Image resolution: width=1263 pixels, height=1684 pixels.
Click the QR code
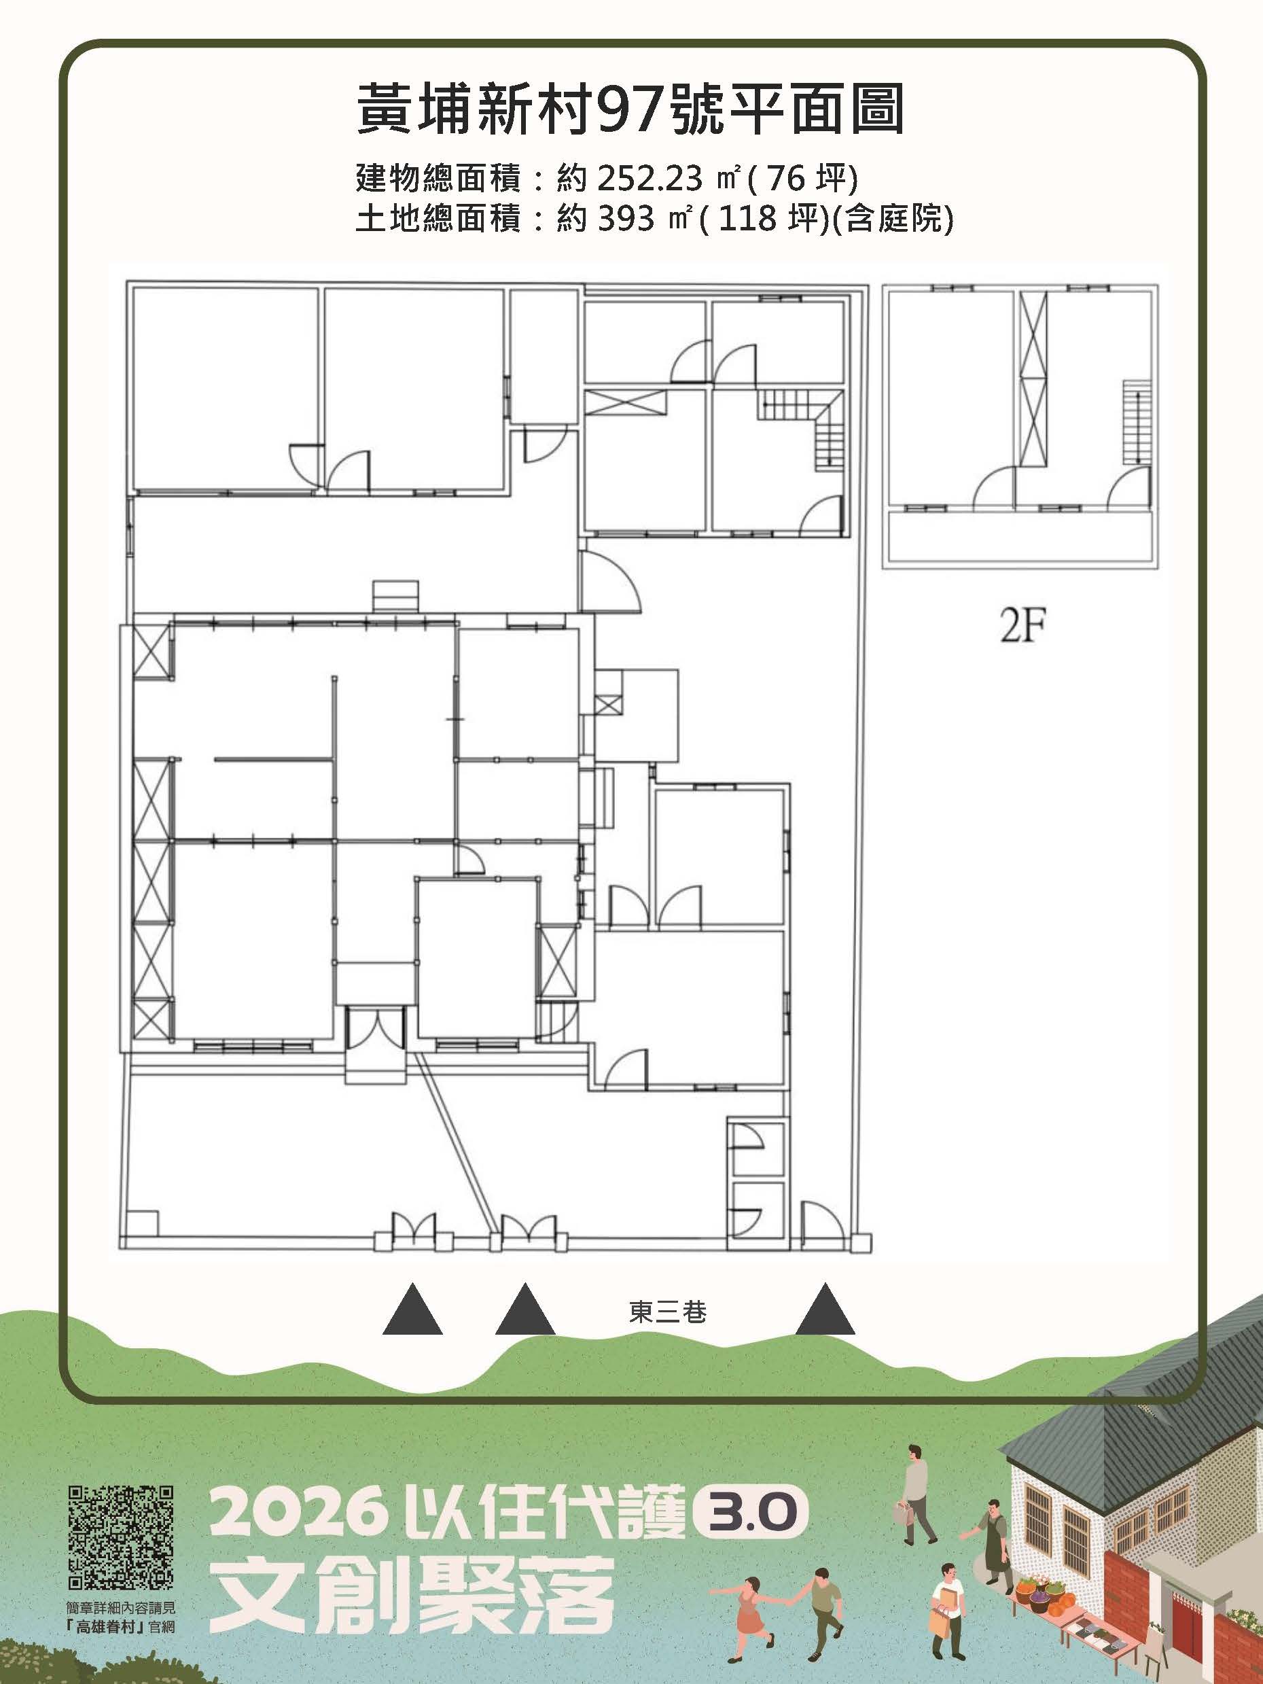point(121,1541)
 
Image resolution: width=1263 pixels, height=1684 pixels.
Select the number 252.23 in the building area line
point(650,179)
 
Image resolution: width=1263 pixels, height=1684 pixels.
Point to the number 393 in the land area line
point(626,220)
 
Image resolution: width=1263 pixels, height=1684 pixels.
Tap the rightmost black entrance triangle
point(825,1308)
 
